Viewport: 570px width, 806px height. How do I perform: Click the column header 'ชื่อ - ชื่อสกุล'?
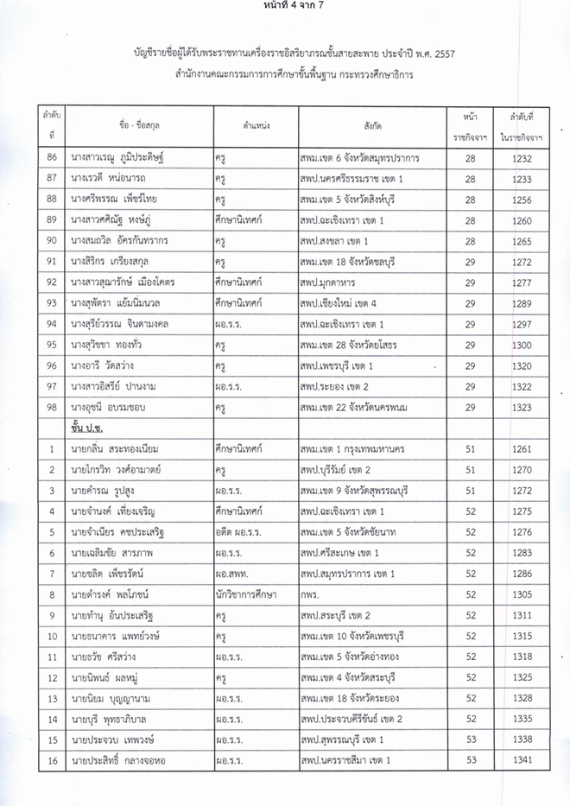click(139, 126)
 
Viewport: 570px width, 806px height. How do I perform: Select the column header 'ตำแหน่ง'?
click(256, 126)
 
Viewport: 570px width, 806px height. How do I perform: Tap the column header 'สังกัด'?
click(373, 126)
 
